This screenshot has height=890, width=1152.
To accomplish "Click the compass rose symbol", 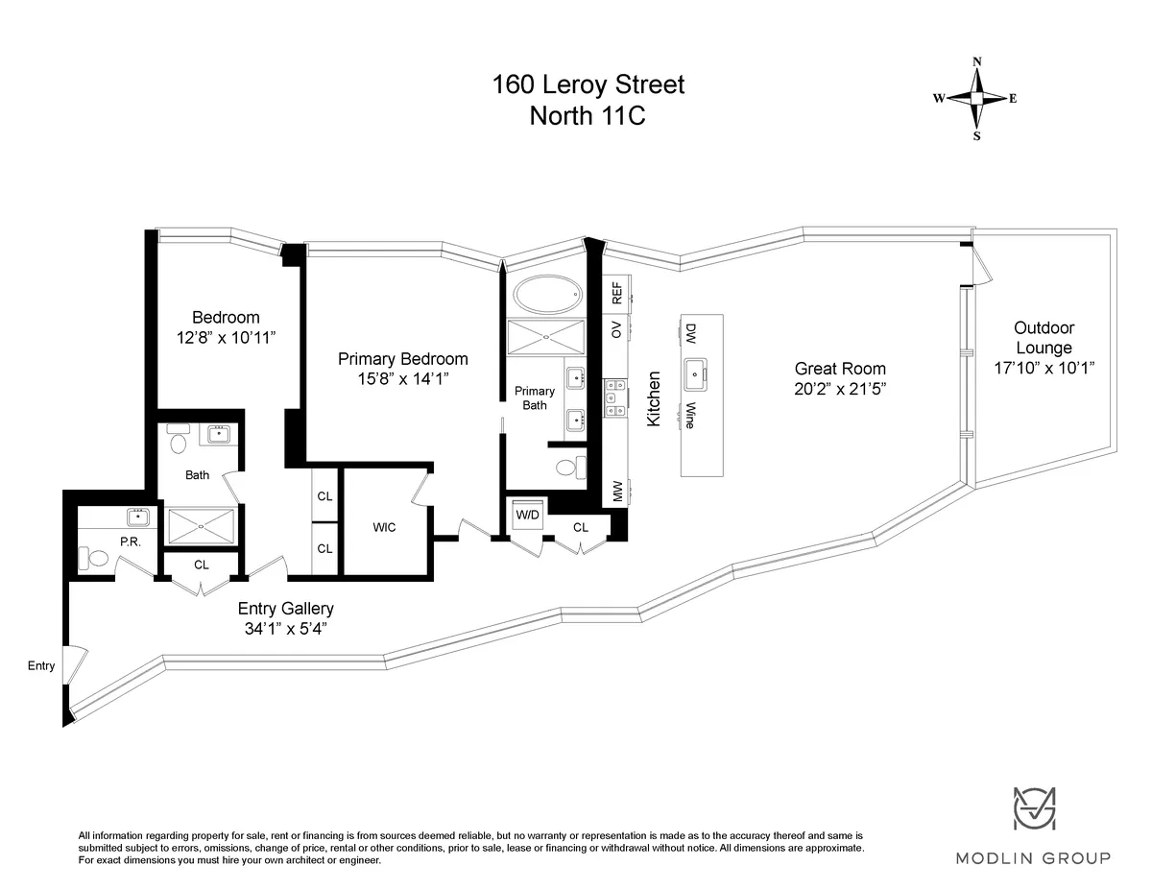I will (x=976, y=98).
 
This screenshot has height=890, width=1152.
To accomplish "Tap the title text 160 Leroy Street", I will (x=588, y=84).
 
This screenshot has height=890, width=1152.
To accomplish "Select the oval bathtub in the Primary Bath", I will (x=546, y=294).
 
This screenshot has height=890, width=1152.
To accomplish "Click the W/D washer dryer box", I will (x=527, y=516).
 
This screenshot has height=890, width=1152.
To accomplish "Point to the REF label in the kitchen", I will (x=617, y=293).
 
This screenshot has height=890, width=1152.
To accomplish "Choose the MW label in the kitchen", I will (x=617, y=492).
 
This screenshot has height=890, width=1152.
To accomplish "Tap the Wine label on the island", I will (x=689, y=416).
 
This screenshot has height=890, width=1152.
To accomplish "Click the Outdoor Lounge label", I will (x=1044, y=338).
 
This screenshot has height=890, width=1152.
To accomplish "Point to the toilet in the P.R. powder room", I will (x=93, y=558).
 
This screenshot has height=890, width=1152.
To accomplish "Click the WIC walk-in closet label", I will (x=384, y=527).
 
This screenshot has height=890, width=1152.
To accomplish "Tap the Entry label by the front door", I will (x=41, y=665).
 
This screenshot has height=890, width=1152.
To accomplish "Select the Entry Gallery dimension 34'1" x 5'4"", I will (x=286, y=629).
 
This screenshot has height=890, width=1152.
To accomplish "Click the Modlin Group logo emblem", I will (x=1035, y=809).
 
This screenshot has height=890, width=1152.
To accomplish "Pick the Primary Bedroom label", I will (x=402, y=359).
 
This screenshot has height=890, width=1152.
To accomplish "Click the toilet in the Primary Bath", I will (x=570, y=468).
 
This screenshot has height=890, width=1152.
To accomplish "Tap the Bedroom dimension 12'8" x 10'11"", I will (x=227, y=337).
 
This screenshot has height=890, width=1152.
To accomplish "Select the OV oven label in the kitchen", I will (x=617, y=329).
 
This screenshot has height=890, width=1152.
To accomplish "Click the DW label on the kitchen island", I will (x=689, y=333).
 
